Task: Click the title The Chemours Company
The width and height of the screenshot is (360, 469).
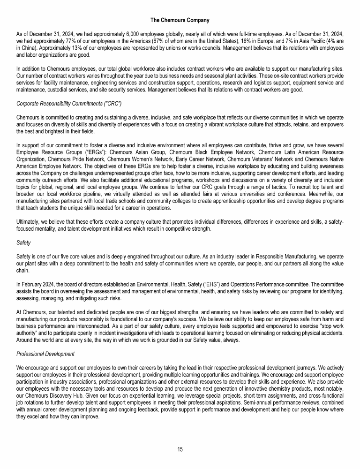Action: pyautogui.click(x=180, y=20)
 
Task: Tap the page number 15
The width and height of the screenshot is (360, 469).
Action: pyautogui.click(x=180, y=449)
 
